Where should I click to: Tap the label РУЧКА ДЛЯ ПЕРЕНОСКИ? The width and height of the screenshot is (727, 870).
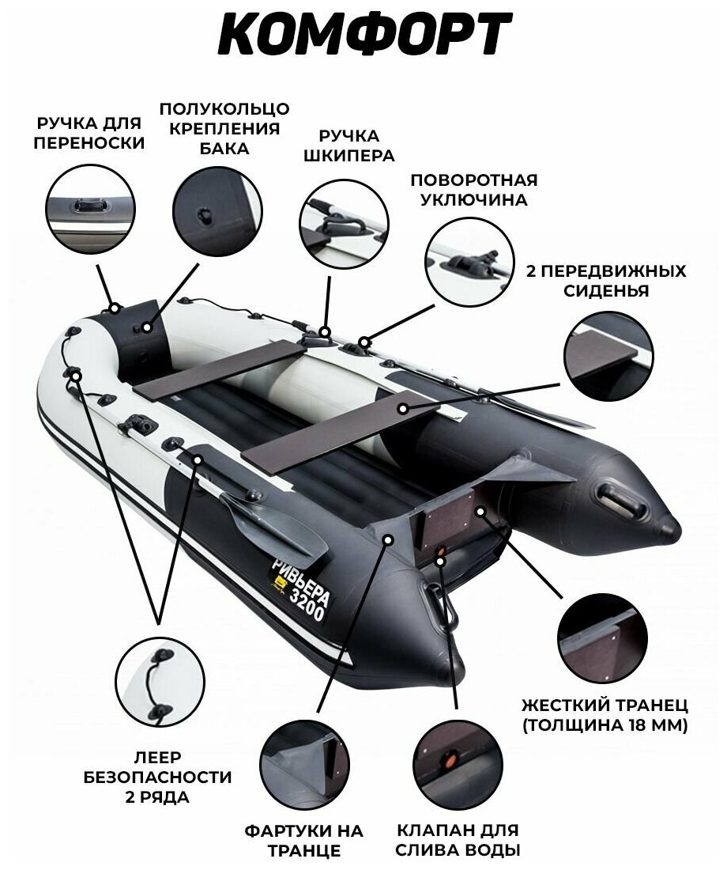point(89,133)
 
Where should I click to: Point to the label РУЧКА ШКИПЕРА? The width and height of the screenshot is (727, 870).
point(349,146)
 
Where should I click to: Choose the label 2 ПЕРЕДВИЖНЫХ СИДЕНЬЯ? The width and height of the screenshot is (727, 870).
point(605,281)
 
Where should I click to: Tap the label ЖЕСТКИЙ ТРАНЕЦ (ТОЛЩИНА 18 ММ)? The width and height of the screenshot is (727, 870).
point(605,714)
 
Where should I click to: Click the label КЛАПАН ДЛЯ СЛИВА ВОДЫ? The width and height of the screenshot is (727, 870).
point(458,840)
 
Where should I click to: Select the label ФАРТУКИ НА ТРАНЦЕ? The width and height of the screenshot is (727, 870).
point(303,840)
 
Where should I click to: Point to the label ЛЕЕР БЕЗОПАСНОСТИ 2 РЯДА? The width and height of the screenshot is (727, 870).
point(157,776)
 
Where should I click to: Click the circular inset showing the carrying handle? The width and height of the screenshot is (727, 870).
point(89,209)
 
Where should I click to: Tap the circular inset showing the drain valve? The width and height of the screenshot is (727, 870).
point(458,762)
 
